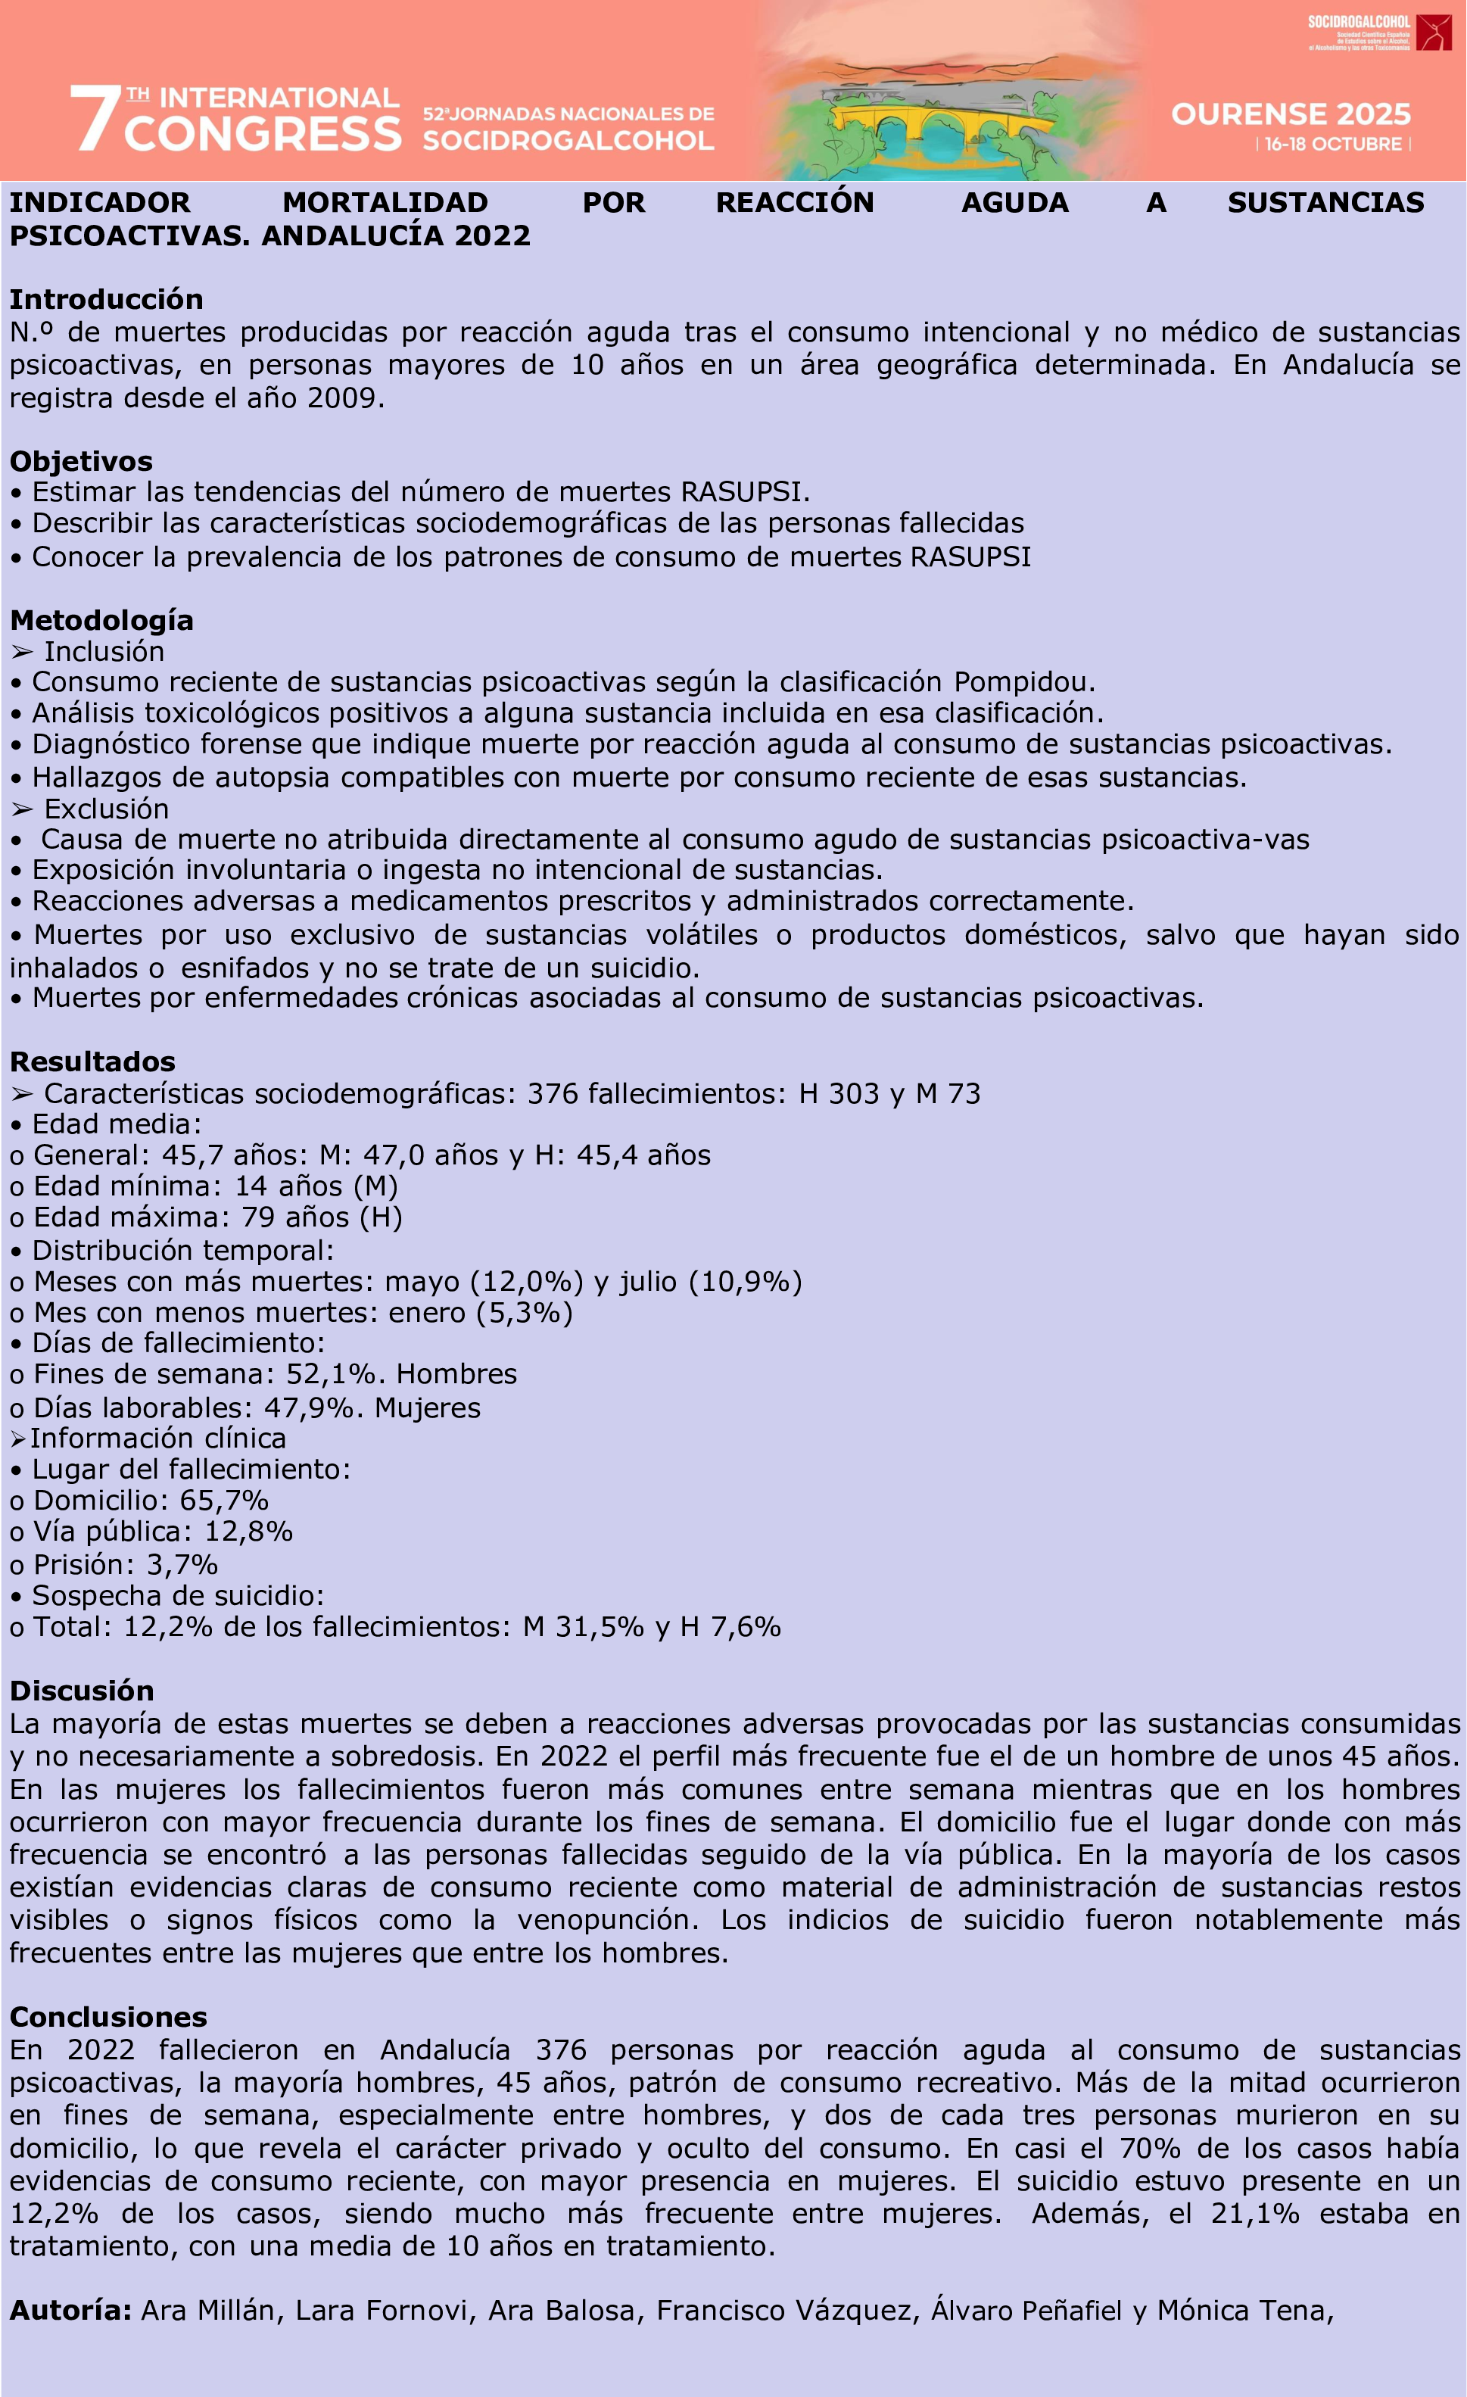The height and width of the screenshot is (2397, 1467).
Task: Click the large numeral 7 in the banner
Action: (x=95, y=119)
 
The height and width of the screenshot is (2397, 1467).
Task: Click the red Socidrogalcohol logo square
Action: (x=1434, y=32)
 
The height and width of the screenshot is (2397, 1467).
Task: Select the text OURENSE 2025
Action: (x=1290, y=115)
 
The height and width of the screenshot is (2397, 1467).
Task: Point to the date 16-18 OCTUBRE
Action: (x=1333, y=144)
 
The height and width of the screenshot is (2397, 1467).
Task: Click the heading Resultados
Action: (x=92, y=1061)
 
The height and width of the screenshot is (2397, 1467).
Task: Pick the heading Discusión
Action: (x=82, y=1690)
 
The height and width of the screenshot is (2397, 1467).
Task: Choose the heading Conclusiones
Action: (x=108, y=2017)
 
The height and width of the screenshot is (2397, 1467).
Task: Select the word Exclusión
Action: (x=106, y=809)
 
